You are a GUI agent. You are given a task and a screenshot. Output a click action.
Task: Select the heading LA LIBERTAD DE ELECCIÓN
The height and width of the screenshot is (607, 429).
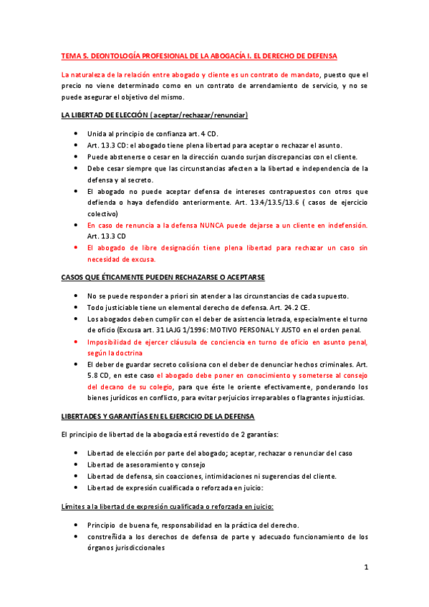tap(102, 115)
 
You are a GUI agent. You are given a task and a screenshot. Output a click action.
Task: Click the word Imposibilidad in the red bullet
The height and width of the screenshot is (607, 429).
tap(111, 342)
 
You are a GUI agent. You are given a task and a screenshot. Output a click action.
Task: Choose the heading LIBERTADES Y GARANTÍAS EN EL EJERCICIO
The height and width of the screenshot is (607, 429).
tap(153, 416)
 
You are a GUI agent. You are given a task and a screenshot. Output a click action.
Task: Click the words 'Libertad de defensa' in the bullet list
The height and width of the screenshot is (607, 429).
tap(121, 477)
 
